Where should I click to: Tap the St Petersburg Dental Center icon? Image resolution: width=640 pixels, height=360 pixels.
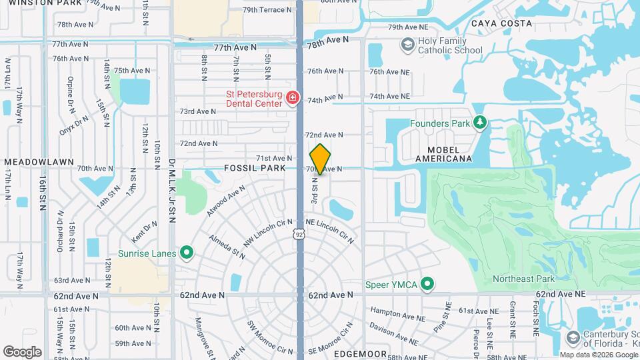point(292,99)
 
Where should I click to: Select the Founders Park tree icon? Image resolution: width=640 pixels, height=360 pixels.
point(479,123)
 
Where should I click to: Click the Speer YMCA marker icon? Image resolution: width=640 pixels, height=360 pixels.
point(427,285)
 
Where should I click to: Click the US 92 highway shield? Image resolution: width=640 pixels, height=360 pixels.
point(300,234)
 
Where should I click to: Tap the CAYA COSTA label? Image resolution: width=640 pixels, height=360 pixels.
point(501,23)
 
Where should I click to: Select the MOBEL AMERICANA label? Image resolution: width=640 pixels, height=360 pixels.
point(443,153)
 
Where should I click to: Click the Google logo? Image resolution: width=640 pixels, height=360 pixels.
point(22,351)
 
